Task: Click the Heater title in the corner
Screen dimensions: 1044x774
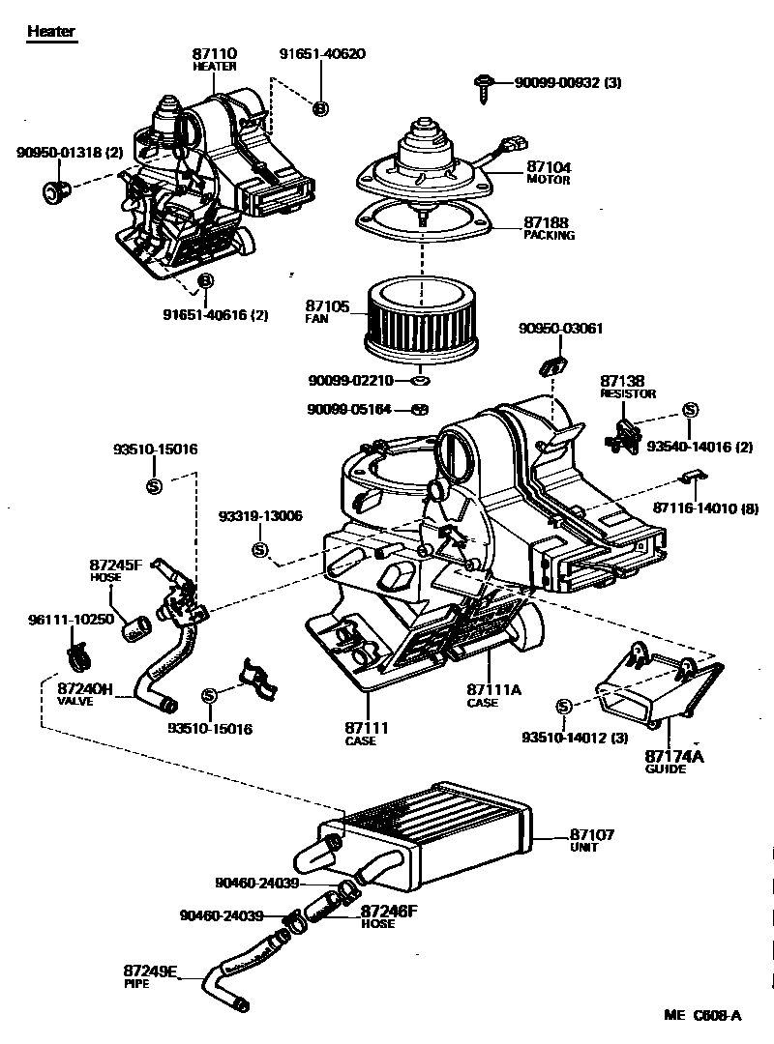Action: [x=50, y=31]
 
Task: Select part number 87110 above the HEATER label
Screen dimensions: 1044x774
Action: [x=216, y=54]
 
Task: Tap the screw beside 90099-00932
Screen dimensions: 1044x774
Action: [x=484, y=85]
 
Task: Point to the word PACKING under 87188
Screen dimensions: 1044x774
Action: [x=549, y=235]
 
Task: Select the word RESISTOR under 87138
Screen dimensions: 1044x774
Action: [x=628, y=394]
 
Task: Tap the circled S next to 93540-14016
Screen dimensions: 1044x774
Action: [x=690, y=410]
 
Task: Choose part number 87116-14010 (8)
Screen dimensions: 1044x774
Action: [x=704, y=508]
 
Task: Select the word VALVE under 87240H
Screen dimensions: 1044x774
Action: [x=74, y=701]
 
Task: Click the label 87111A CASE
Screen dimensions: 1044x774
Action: [x=493, y=695]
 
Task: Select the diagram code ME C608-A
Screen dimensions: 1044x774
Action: [x=701, y=1015]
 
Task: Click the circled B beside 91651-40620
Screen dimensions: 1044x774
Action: [x=320, y=108]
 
